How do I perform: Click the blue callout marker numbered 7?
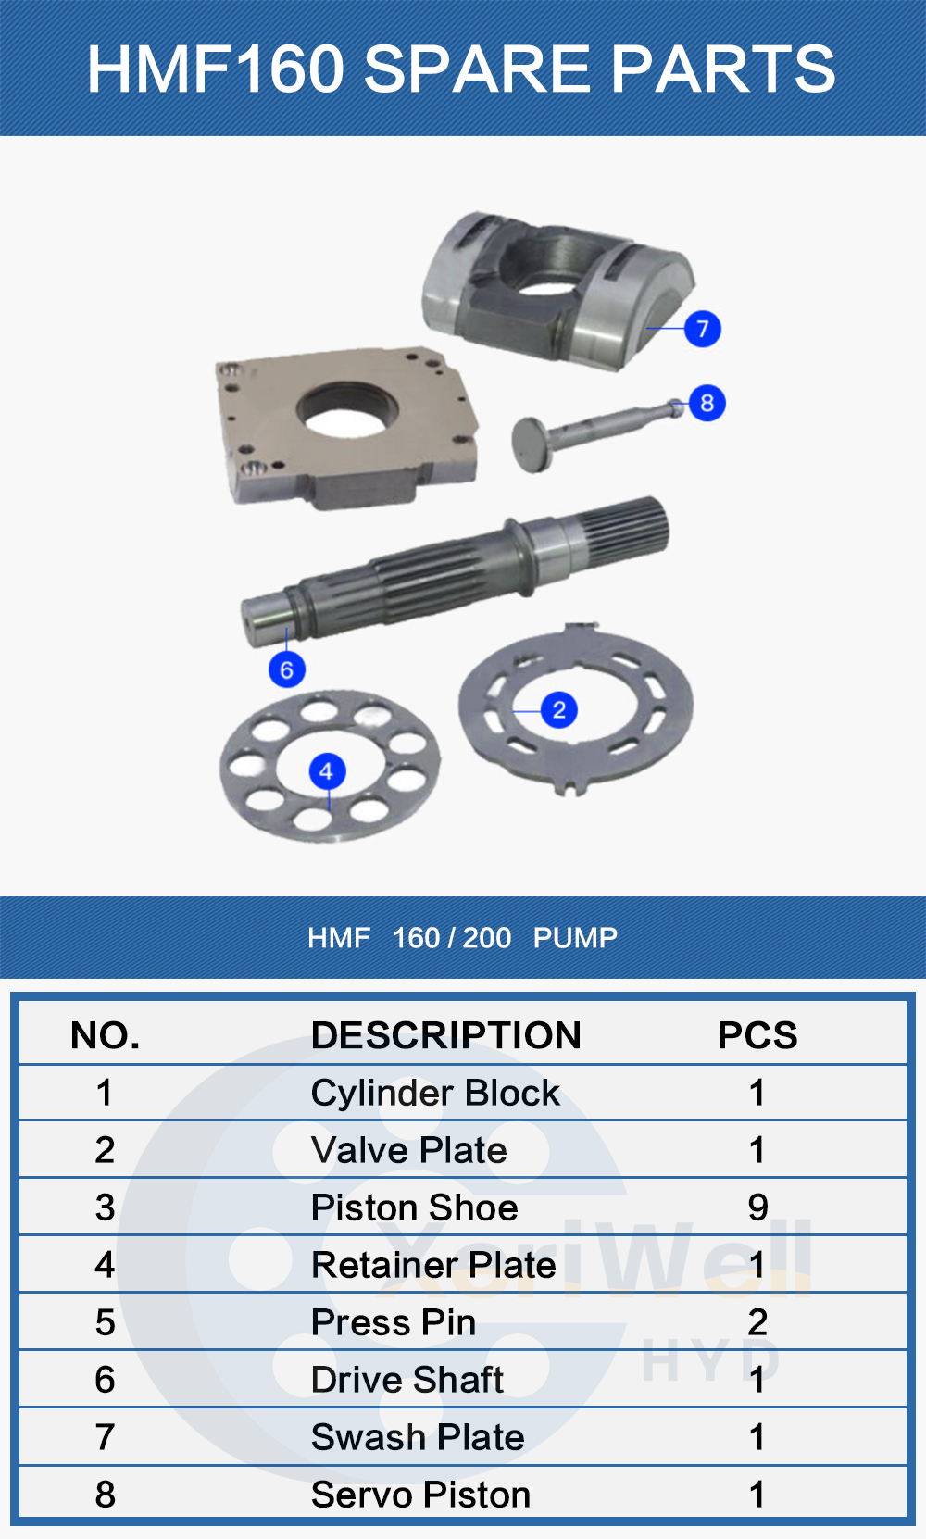click(x=703, y=329)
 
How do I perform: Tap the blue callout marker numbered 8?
click(x=707, y=403)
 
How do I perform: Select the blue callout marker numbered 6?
click(x=286, y=669)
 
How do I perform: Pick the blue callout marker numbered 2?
click(x=558, y=710)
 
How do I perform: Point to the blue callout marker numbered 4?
click(x=326, y=771)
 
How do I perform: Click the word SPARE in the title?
click(x=476, y=69)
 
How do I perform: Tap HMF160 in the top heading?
click(x=215, y=69)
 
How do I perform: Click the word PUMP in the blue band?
click(x=575, y=938)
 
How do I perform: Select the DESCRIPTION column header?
click(x=445, y=1035)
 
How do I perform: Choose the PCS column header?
click(x=757, y=1035)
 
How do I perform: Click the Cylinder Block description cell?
click(x=435, y=1094)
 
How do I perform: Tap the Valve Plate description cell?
click(x=409, y=1151)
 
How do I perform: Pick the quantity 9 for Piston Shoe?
click(x=757, y=1207)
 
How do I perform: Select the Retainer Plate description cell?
click(x=433, y=1265)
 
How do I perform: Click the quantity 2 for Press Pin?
click(x=757, y=1322)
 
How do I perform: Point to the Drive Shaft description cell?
click(x=407, y=1380)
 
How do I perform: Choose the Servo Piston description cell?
click(x=420, y=1495)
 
